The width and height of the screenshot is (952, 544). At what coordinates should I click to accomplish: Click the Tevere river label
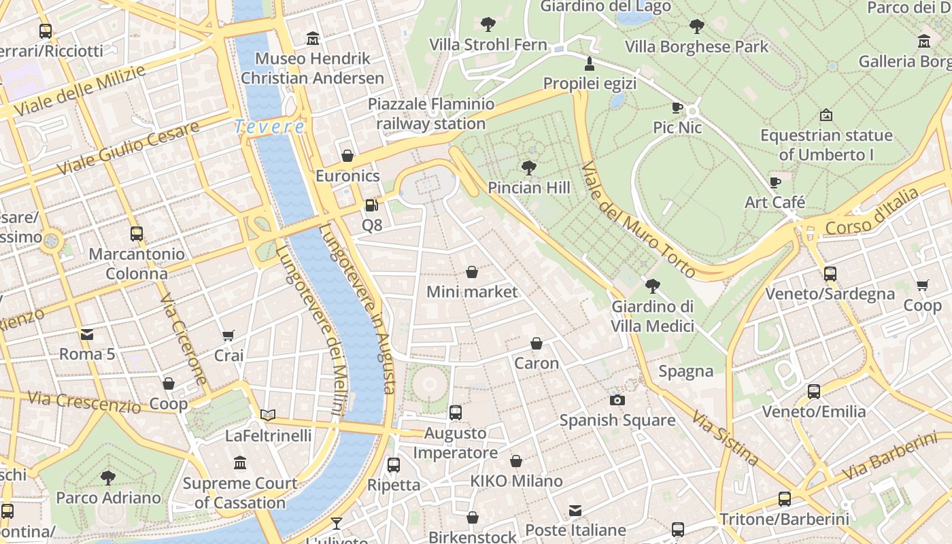[x=269, y=126]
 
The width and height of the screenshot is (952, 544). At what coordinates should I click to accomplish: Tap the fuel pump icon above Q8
[x=371, y=205]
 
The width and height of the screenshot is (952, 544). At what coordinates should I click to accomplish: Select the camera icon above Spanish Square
[x=617, y=400]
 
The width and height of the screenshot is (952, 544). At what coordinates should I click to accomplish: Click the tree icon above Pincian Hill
[x=528, y=167]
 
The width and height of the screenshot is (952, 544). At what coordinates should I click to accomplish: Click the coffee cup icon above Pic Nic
[x=677, y=107]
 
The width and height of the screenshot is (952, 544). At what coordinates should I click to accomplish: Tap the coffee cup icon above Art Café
[x=775, y=182]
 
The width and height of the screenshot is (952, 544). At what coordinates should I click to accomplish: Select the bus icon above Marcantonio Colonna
[x=137, y=234]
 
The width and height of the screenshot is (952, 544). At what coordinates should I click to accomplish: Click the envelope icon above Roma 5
[x=87, y=334]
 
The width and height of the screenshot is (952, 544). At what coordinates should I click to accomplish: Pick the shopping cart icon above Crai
[x=228, y=335]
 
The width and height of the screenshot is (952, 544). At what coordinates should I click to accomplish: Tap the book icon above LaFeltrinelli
[x=268, y=415]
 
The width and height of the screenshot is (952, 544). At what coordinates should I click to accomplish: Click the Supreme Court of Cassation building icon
[x=240, y=463]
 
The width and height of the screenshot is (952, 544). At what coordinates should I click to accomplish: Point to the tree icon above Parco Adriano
[x=108, y=477]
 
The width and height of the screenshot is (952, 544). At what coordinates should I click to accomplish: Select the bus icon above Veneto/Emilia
[x=814, y=391]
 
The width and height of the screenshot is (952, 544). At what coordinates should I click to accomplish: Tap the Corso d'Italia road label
[x=872, y=212]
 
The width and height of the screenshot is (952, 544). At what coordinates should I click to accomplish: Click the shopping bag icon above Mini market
[x=472, y=272]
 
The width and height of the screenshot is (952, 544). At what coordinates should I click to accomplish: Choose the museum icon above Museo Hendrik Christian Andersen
[x=313, y=38]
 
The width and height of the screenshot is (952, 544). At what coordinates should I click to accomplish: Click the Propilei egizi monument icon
[x=590, y=64]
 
